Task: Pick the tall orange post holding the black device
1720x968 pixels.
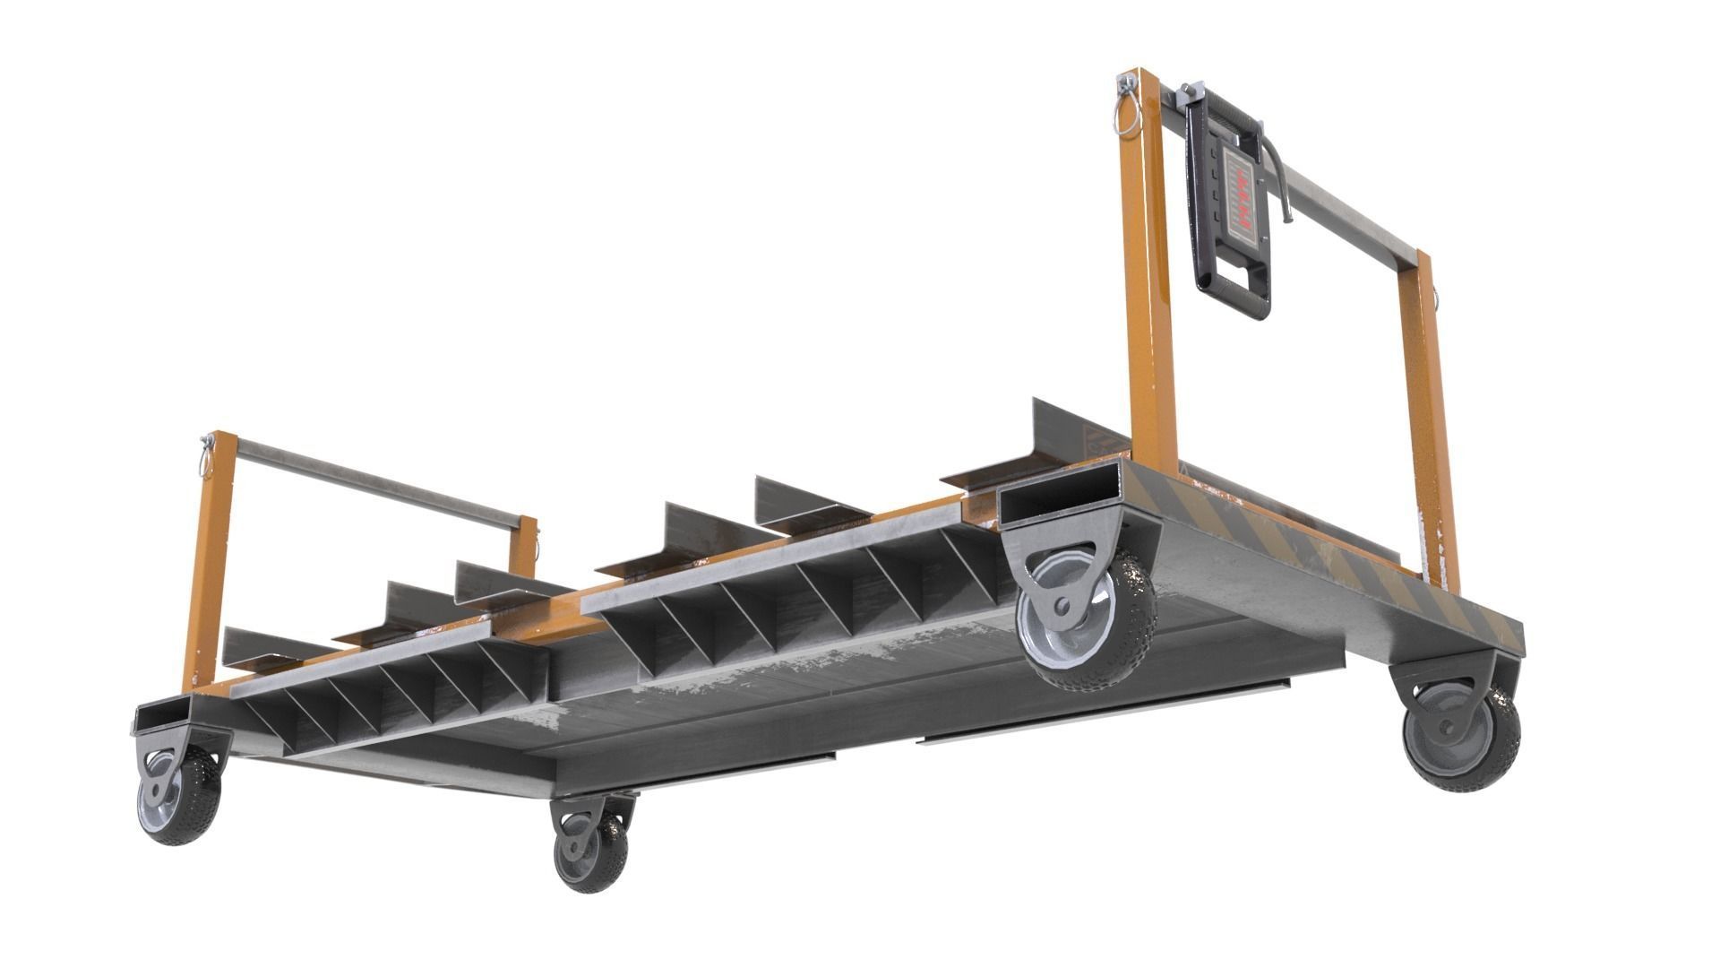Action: point(1147,269)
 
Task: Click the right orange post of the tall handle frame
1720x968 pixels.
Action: point(1426,421)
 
